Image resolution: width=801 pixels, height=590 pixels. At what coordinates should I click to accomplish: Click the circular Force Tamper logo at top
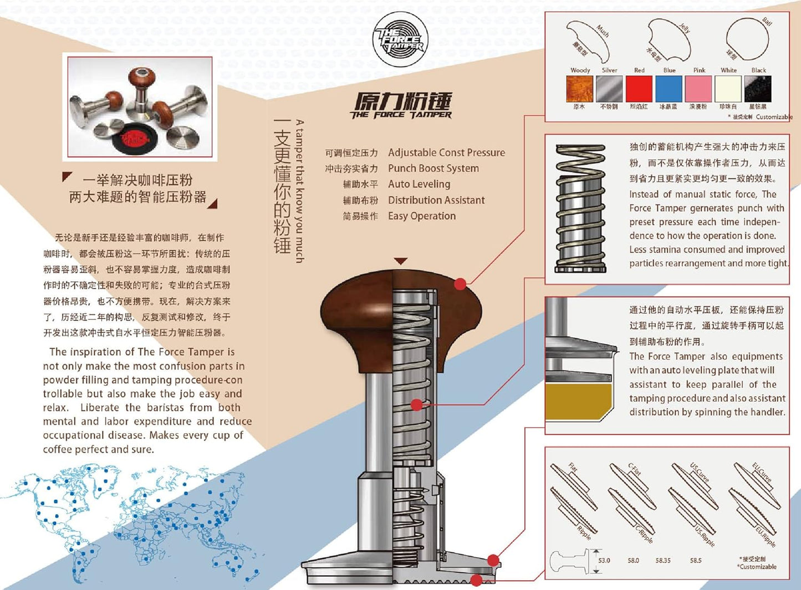pos(400,40)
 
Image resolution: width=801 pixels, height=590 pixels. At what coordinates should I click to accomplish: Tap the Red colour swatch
pos(639,89)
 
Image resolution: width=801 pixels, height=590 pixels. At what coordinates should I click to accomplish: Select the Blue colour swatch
pos(669,89)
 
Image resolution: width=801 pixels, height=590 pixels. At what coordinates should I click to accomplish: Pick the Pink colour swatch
pos(698,89)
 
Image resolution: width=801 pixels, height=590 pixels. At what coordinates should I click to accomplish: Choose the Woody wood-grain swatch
pos(579,89)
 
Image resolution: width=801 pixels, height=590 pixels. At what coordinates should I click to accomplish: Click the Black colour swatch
pos(758,89)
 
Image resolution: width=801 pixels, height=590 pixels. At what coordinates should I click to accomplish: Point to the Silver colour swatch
pos(609,89)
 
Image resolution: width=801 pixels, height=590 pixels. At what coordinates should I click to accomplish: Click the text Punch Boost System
pos(433,168)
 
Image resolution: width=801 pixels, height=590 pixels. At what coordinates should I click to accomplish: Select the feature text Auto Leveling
pos(419,184)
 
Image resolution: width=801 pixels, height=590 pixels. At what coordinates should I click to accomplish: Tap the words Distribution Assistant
pos(436,200)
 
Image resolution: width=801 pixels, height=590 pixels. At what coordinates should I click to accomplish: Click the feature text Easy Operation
pos(422,216)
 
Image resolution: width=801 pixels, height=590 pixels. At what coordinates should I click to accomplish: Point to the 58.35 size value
pos(663,561)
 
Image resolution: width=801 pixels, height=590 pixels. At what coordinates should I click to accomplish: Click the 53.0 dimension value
pos(604,561)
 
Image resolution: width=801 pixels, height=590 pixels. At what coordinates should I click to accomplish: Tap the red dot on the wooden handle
pos(460,284)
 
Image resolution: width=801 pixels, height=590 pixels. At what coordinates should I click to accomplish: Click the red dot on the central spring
pos(416,405)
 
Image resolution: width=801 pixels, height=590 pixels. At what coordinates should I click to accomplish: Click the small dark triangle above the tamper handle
pos(400,261)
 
